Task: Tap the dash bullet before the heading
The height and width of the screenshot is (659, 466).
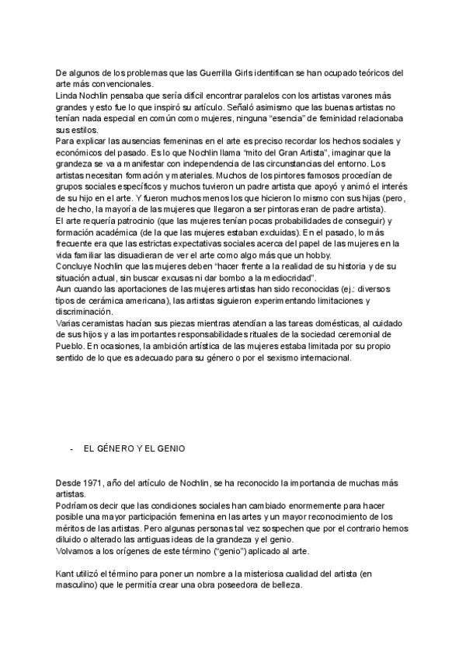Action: (x=71, y=449)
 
